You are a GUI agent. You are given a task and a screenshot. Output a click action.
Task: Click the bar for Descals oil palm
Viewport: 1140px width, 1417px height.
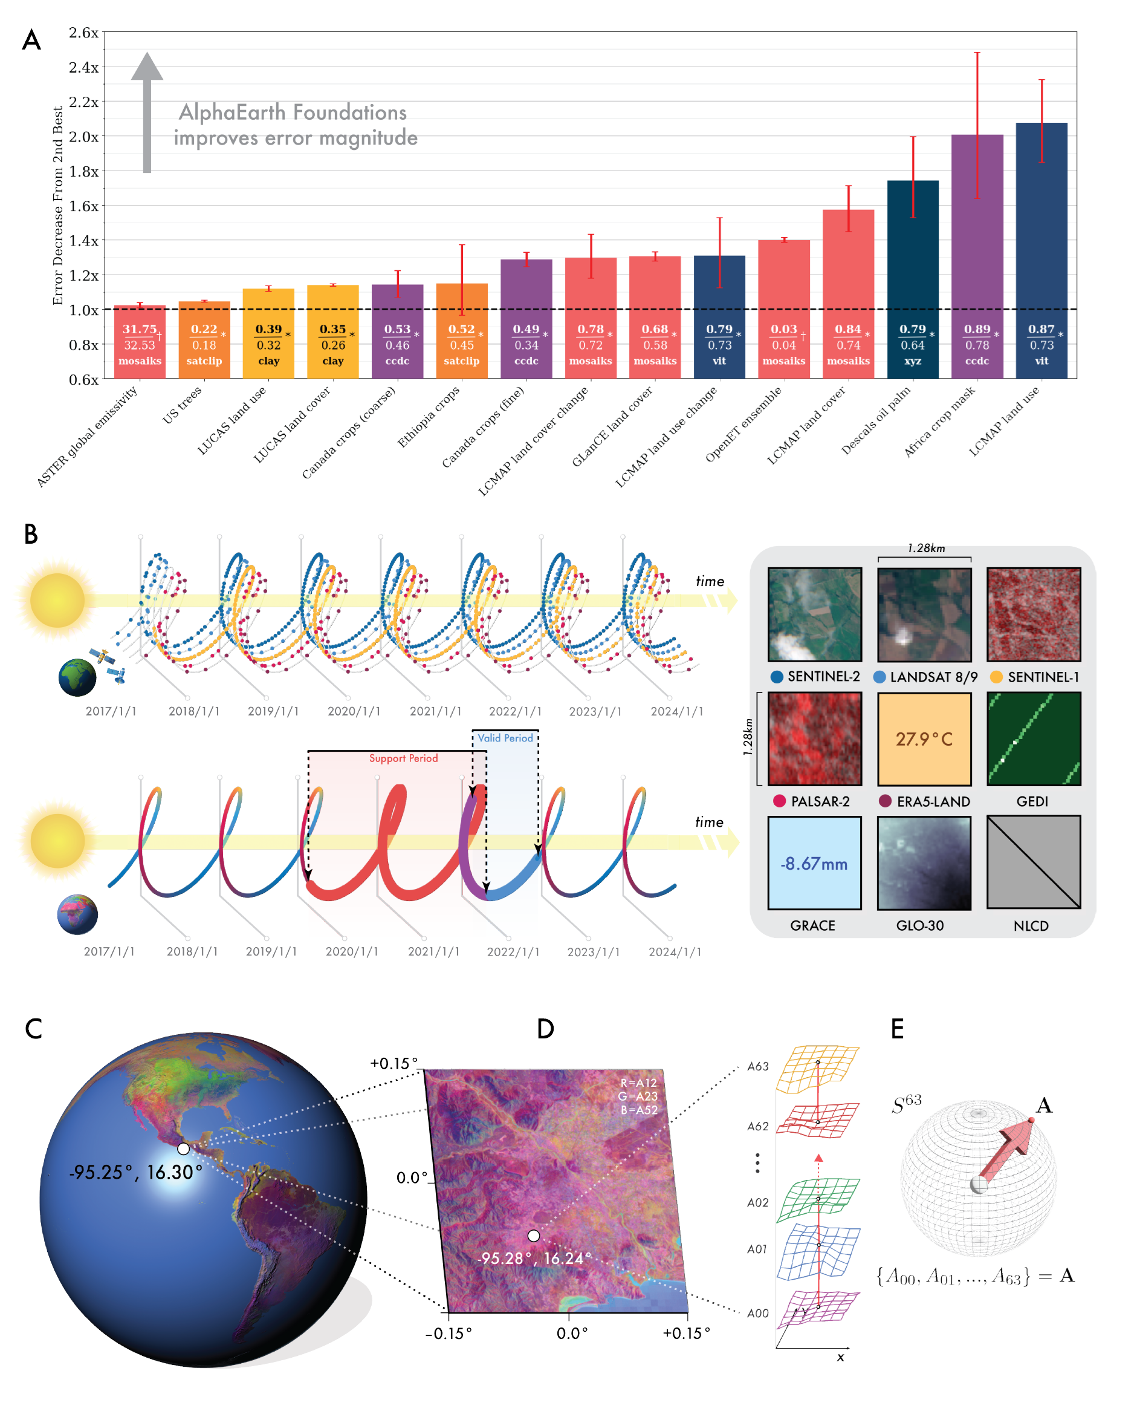tap(912, 263)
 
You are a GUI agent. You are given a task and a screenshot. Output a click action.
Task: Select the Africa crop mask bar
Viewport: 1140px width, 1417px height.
tap(976, 250)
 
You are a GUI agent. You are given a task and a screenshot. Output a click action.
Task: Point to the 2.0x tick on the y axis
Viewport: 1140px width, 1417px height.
tap(83, 137)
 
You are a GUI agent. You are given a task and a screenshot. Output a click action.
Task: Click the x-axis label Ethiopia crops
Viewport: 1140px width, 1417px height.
tap(429, 417)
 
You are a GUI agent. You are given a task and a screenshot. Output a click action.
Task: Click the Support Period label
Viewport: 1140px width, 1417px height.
tap(403, 758)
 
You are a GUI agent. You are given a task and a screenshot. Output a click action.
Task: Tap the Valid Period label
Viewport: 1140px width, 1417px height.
tap(505, 738)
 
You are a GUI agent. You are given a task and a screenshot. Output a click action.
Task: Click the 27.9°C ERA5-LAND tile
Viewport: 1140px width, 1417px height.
tap(924, 738)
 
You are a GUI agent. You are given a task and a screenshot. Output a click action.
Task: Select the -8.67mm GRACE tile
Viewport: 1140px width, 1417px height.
tap(814, 863)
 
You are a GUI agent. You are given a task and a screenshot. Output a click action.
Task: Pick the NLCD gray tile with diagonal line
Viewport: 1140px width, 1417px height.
tap(1033, 862)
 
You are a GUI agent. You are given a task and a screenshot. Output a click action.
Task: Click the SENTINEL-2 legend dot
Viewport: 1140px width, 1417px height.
tap(776, 676)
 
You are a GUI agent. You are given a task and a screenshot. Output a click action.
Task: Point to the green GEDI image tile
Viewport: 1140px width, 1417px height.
tap(1033, 738)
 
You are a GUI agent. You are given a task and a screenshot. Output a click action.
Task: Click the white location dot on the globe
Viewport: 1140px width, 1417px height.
tap(183, 1148)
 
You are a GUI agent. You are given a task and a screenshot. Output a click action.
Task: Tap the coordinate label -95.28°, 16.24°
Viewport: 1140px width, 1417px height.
tap(534, 1258)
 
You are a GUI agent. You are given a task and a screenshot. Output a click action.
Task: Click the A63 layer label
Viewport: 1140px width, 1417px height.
tap(757, 1066)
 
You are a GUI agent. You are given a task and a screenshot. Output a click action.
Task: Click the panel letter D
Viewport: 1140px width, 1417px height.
tap(545, 1029)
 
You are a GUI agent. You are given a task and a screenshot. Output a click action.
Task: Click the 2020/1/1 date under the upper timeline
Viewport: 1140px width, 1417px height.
tap(354, 711)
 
